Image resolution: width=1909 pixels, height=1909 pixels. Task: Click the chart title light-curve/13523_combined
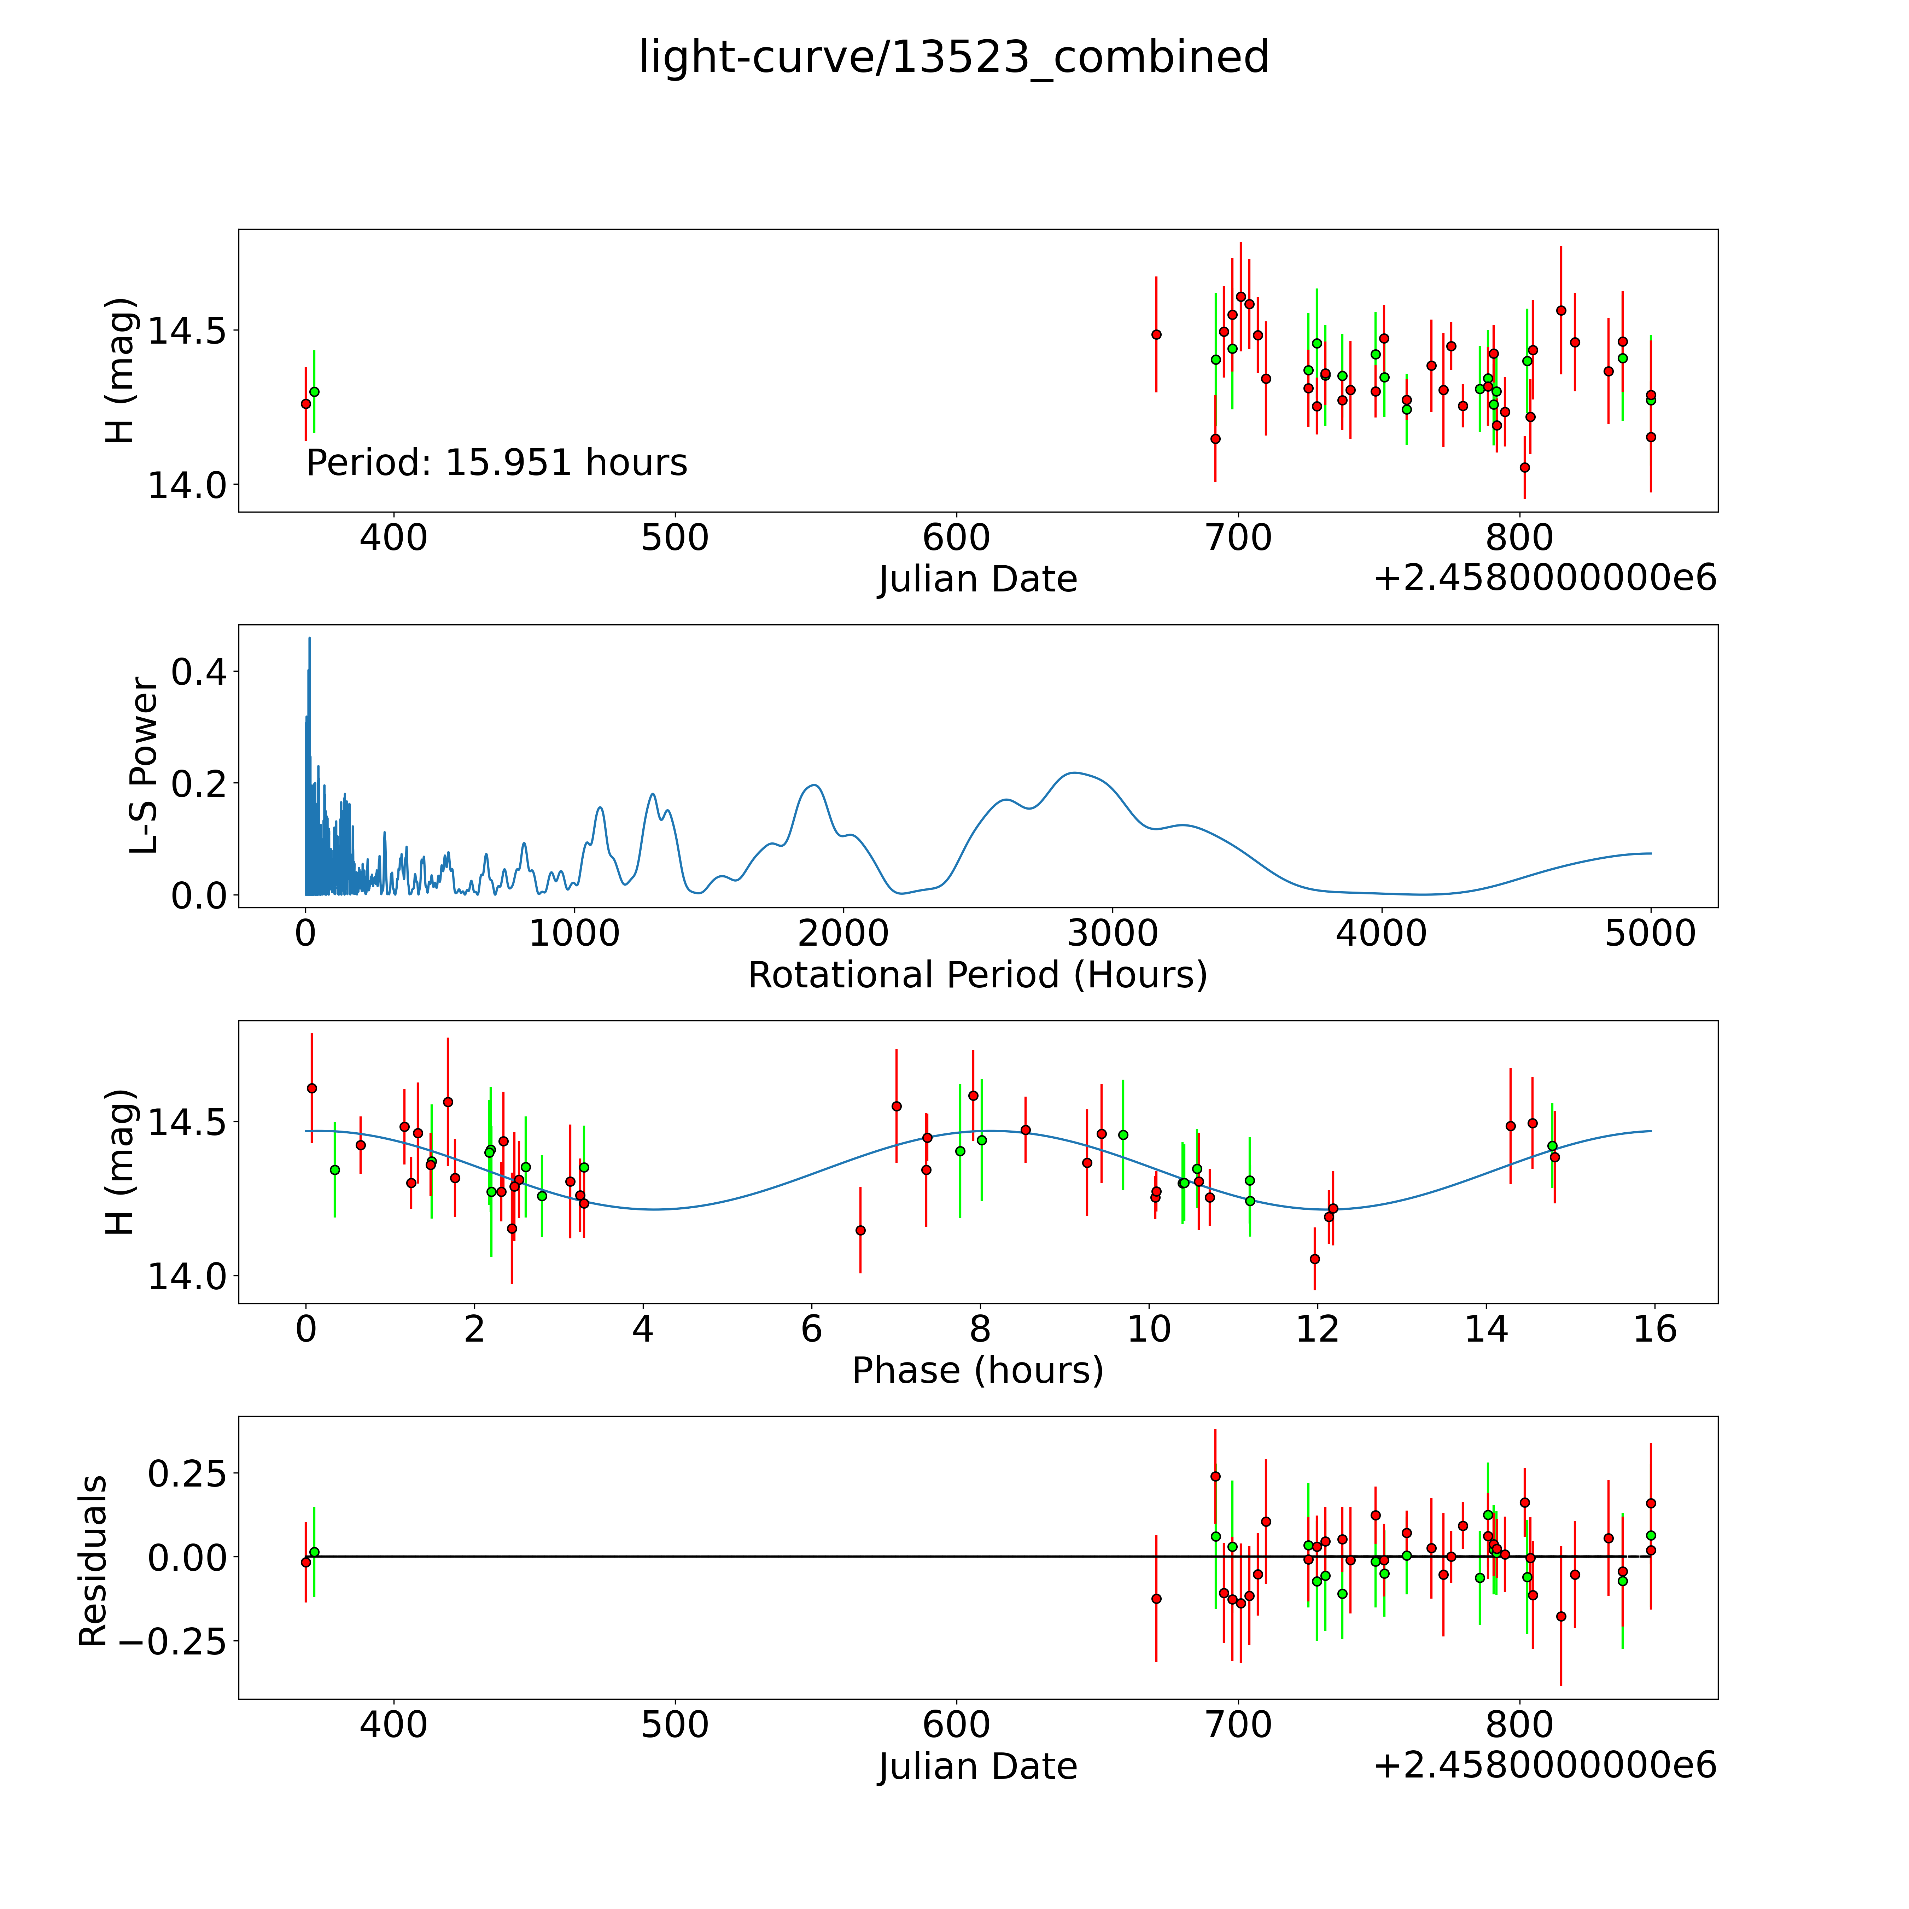(x=953, y=57)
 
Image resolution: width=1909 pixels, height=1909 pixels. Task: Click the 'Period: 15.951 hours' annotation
(x=496, y=462)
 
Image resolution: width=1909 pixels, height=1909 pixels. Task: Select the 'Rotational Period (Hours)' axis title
(x=977, y=975)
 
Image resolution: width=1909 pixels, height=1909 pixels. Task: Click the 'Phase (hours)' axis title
(x=977, y=1371)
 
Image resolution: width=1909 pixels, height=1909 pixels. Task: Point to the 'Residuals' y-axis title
(x=93, y=1561)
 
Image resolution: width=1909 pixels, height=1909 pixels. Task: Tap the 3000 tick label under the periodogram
(x=1113, y=933)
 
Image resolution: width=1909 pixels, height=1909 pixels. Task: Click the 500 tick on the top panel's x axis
(x=675, y=538)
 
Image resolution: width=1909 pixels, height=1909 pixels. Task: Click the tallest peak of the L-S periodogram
(x=309, y=638)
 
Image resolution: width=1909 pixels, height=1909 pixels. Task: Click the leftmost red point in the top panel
(x=305, y=403)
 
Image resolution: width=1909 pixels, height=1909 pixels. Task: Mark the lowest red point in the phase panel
(x=1314, y=1259)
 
